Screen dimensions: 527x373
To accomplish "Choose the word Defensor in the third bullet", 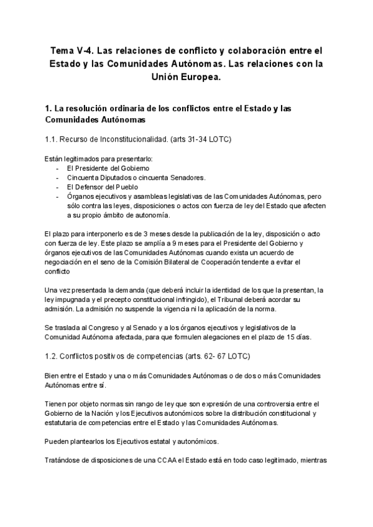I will tap(90, 186).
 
